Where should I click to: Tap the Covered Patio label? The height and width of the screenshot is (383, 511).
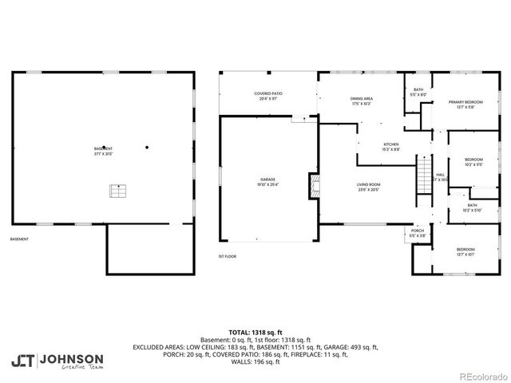(x=268, y=95)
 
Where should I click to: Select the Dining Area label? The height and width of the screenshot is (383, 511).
(x=362, y=101)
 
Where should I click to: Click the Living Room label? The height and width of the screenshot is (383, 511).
(x=368, y=187)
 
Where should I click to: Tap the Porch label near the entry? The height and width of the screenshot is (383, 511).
(x=417, y=235)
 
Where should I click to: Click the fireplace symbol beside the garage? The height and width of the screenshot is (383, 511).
(x=313, y=186)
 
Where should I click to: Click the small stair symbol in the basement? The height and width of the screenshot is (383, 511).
(x=118, y=191)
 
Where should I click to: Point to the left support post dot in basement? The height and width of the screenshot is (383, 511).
(x=104, y=146)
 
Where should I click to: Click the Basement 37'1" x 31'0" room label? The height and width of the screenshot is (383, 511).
(x=102, y=151)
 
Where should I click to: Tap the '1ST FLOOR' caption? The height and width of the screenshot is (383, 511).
(x=228, y=256)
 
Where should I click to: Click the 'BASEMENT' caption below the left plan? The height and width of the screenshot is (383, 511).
(x=20, y=239)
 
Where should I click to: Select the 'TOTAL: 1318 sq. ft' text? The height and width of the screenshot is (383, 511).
(x=255, y=332)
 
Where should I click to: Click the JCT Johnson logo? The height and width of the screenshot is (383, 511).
(x=57, y=361)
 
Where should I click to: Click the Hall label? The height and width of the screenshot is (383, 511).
(x=440, y=177)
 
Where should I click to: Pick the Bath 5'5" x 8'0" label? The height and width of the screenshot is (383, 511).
(x=418, y=93)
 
